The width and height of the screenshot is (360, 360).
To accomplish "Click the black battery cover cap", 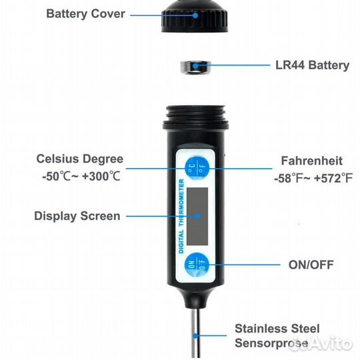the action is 195,16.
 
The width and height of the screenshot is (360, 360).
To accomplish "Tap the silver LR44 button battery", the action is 195,67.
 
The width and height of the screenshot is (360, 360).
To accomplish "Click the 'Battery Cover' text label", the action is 85,14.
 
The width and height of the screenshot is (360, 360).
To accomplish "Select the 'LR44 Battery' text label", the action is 312,65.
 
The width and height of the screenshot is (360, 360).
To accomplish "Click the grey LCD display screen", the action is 197,216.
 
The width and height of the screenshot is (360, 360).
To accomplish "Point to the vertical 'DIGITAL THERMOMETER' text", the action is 181,216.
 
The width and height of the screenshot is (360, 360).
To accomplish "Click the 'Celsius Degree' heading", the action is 80,159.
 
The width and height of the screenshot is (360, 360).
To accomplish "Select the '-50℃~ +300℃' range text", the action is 81,177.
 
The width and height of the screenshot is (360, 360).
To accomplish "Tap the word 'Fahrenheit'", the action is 312,161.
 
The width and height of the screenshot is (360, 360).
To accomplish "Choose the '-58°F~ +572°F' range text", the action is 313,178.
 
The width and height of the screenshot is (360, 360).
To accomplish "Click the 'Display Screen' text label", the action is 77,216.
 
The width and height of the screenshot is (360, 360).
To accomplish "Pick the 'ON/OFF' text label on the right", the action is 311,265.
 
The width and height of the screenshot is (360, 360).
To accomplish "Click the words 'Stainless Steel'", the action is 277,329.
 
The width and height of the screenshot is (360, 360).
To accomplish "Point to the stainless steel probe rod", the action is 195,333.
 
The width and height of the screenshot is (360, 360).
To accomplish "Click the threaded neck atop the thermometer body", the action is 195,117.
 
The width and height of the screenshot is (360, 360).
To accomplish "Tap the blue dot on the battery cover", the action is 195,15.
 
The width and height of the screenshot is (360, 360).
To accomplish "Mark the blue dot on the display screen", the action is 197,216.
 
